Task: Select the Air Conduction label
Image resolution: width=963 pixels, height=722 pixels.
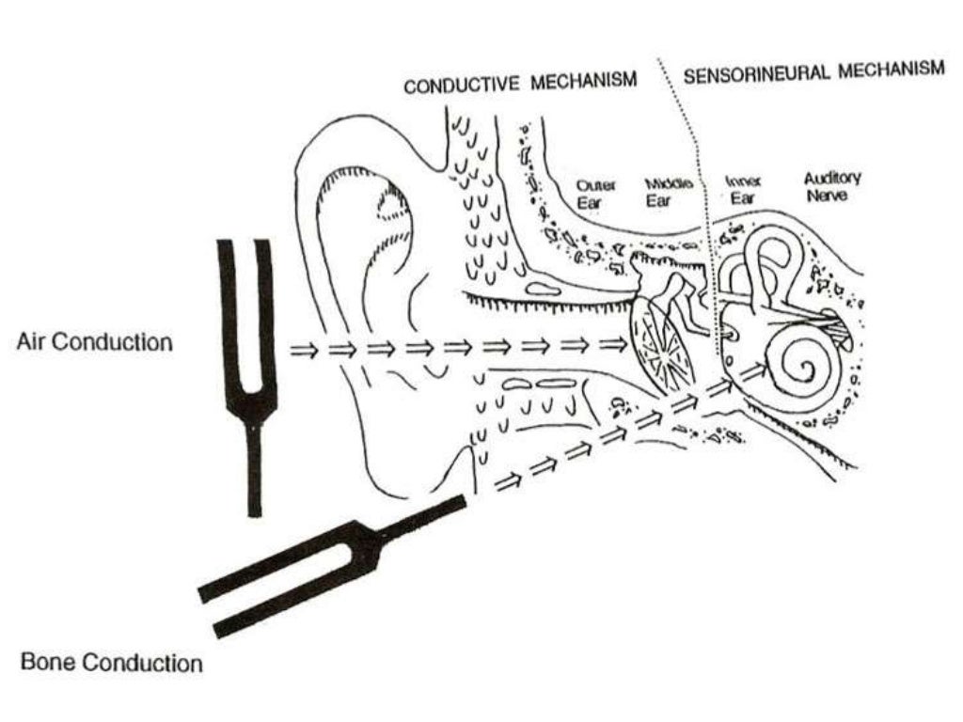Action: coord(95,342)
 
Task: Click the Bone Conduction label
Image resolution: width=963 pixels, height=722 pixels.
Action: coord(111,663)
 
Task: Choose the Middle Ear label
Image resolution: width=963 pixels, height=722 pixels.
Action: coord(669,191)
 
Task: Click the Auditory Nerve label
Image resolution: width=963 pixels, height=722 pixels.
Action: coord(831,185)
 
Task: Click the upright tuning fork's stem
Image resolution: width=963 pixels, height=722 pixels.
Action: coord(254,470)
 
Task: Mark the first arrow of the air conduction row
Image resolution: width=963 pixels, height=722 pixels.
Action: coord(303,350)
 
